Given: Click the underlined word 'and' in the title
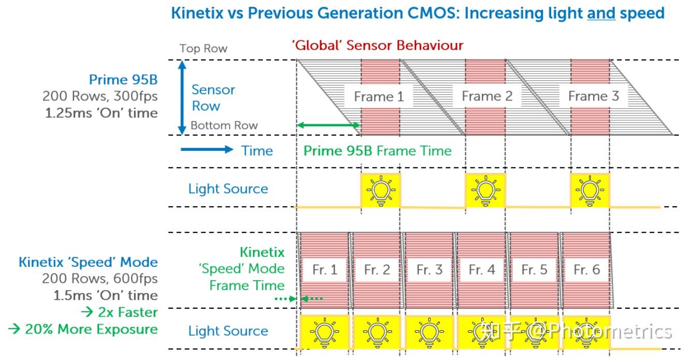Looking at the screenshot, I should (x=601, y=13).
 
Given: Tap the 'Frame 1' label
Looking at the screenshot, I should (x=378, y=96).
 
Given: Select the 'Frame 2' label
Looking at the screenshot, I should (x=487, y=96).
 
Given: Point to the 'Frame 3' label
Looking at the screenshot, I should (x=593, y=96).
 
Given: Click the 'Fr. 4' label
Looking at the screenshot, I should (x=482, y=269).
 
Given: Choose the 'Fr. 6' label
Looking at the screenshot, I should (x=587, y=269).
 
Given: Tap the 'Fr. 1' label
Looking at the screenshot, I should (x=325, y=269).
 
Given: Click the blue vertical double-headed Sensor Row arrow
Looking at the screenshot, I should (x=181, y=97).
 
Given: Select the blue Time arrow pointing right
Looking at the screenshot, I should (x=207, y=150).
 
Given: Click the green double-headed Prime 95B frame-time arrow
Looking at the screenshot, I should (x=328, y=125).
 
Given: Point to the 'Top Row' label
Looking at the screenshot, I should (x=203, y=49).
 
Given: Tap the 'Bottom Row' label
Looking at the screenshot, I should (x=224, y=125).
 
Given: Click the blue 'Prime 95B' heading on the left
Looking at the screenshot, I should (x=123, y=80).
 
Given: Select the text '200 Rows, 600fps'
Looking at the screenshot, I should (x=99, y=279).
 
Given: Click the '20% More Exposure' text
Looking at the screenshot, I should (x=83, y=329).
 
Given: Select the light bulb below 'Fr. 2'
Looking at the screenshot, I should (x=378, y=330).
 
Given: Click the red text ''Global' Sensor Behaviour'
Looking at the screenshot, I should (x=377, y=45).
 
